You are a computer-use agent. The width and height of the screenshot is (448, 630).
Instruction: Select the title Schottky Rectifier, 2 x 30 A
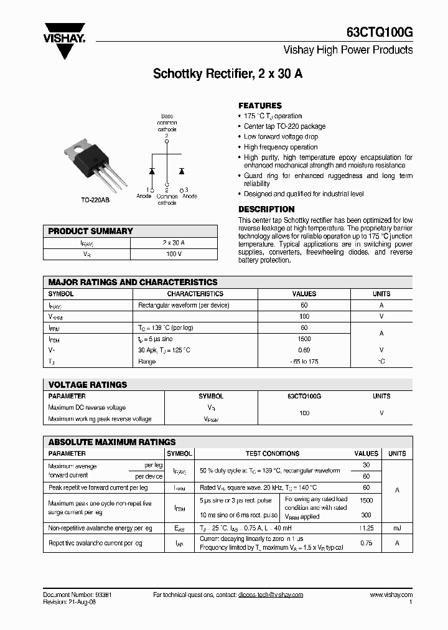tap(228, 74)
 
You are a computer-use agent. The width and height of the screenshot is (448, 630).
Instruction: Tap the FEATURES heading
tap(260, 106)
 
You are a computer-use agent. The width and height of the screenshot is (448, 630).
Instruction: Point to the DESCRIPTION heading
tap(266, 209)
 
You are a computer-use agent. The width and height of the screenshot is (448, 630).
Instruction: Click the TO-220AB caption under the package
tap(95, 200)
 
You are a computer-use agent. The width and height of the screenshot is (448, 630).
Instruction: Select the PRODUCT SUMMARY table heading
tap(91, 231)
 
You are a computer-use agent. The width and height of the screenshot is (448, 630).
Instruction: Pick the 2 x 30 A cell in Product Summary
tap(173, 243)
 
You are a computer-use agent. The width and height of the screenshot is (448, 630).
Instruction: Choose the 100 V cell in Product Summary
tap(173, 254)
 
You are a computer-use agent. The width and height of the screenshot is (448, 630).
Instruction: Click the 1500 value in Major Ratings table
tap(304, 339)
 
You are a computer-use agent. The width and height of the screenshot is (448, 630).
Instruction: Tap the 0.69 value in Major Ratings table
tap(304, 350)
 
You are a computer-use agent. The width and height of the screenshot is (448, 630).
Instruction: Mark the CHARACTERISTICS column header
tap(195, 294)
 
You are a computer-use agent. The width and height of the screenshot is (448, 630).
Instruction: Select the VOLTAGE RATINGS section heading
tap(88, 385)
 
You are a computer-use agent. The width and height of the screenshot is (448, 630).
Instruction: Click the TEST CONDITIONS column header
tap(272, 454)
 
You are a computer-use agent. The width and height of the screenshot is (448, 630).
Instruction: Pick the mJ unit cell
tap(396, 528)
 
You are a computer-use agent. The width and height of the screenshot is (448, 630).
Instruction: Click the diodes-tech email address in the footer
tap(270, 595)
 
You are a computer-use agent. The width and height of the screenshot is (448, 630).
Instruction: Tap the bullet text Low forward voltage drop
tap(281, 136)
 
